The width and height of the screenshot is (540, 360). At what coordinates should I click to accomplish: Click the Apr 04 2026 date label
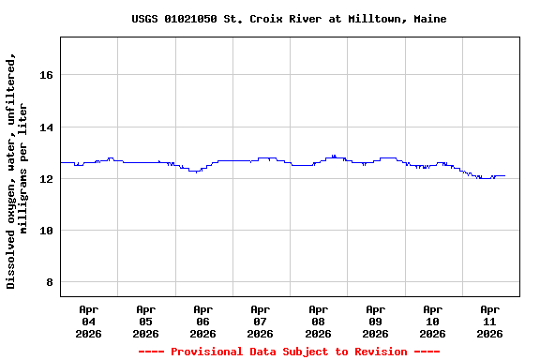point(88,321)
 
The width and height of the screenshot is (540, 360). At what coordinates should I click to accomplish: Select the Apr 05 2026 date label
point(145,321)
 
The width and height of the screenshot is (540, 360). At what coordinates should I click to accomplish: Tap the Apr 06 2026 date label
point(202,321)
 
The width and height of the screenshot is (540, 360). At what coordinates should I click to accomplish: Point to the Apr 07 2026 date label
point(260,321)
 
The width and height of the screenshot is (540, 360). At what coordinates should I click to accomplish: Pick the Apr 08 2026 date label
point(318,321)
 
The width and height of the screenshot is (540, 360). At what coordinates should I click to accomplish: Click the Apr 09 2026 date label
point(375,321)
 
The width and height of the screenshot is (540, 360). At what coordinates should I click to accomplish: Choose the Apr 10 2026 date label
point(432,321)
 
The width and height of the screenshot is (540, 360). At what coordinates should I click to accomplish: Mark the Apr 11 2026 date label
point(489,321)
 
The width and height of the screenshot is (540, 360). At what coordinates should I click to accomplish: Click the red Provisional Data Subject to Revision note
point(289,352)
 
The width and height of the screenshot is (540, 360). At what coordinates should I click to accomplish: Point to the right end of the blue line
point(504,175)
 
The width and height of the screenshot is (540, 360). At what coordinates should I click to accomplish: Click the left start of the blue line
point(61,163)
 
